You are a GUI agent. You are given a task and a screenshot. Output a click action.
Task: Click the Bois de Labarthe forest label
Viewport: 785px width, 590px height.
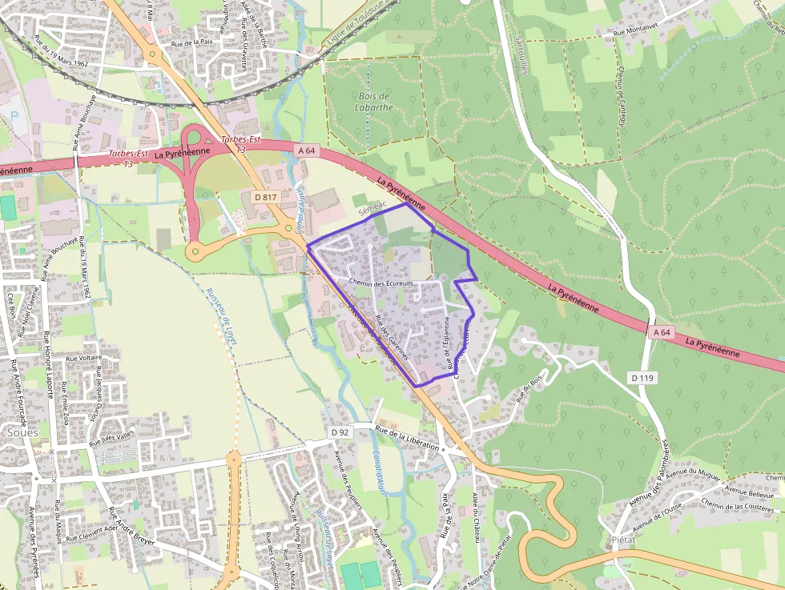point(375,101)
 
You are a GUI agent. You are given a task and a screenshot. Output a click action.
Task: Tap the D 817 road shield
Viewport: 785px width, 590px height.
point(264,196)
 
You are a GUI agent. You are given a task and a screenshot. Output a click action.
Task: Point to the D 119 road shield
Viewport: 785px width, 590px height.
point(643,377)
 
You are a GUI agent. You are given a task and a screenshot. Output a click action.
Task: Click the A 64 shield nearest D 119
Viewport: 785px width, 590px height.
point(661,331)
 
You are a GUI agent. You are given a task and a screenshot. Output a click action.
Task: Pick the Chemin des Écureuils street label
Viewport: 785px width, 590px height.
point(381,283)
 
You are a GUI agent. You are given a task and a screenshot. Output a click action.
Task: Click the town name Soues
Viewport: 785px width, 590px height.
point(22,432)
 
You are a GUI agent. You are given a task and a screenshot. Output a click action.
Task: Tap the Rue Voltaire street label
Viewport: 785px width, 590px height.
point(83,358)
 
